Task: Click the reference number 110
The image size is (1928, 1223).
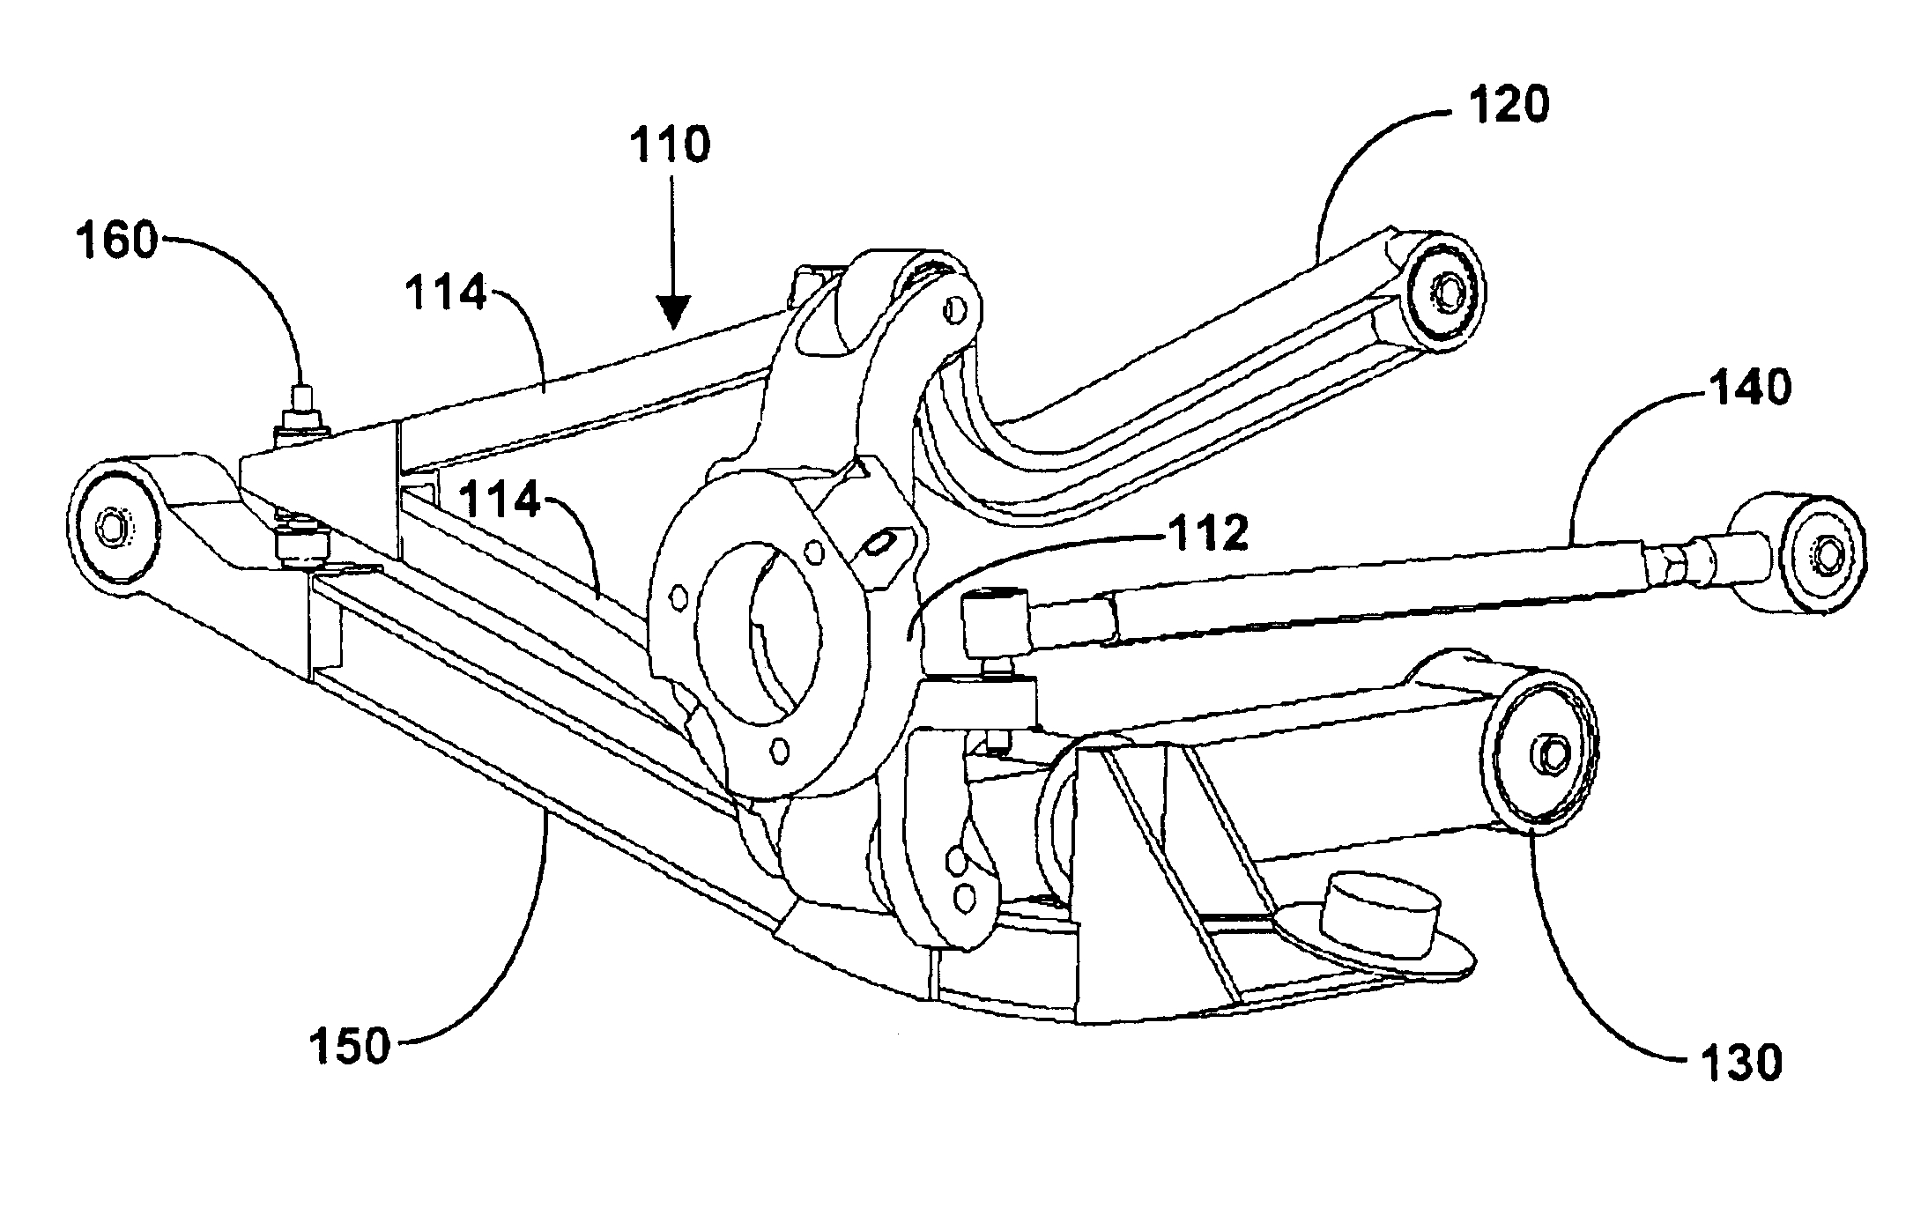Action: pyautogui.click(x=669, y=145)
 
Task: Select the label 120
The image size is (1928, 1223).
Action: pyautogui.click(x=1508, y=106)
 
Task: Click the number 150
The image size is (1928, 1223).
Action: pyautogui.click(x=350, y=1047)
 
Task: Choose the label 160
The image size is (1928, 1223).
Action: pyautogui.click(x=115, y=240)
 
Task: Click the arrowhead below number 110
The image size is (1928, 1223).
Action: pyautogui.click(x=674, y=314)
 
